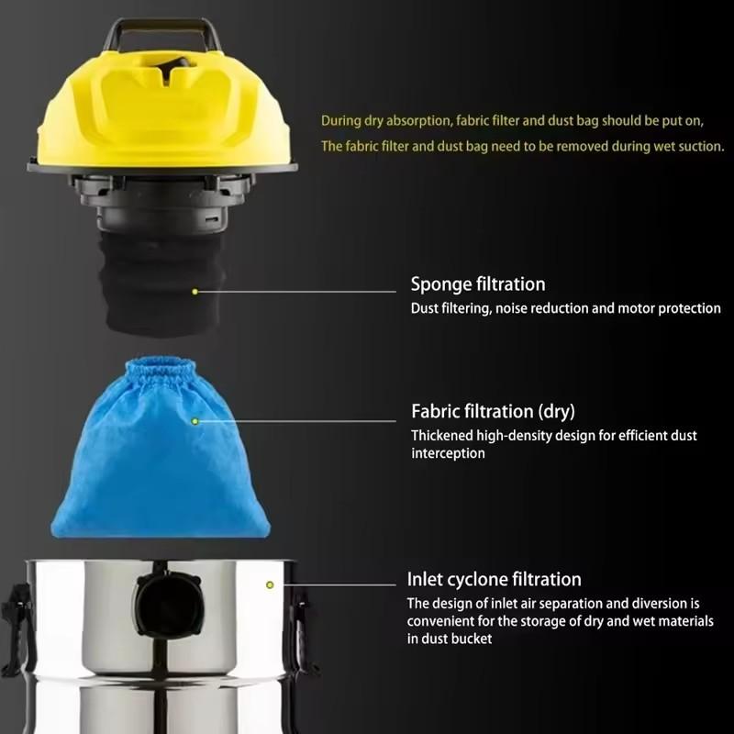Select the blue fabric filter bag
(161, 459)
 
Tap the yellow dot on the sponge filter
(195, 292)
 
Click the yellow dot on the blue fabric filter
(195, 421)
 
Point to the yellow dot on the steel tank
(269, 584)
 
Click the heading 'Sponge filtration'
(477, 284)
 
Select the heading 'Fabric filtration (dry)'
(493, 411)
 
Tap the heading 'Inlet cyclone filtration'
(494, 579)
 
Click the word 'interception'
(448, 453)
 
